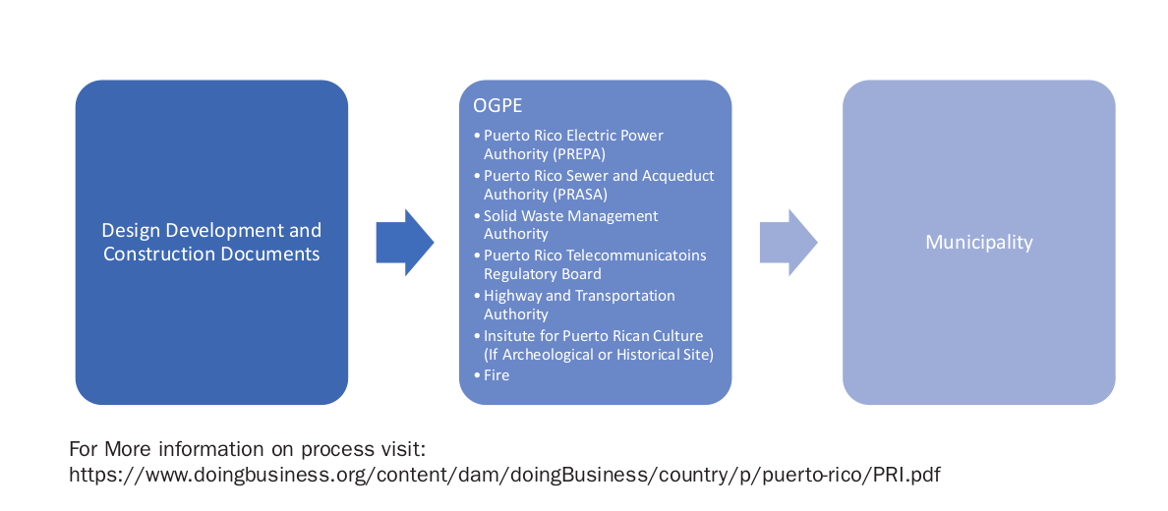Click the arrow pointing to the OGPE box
click(x=404, y=242)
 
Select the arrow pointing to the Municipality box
click(x=788, y=242)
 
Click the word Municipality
click(x=978, y=242)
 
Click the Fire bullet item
click(x=496, y=374)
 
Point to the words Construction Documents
click(x=211, y=254)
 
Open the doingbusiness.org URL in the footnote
click(x=504, y=475)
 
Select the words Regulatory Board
click(x=542, y=274)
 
